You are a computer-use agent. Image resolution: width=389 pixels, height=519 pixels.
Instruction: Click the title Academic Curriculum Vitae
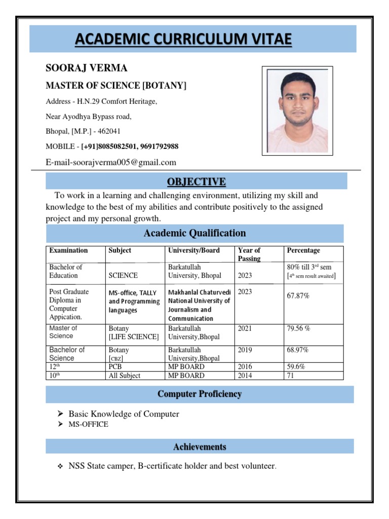[x=183, y=40]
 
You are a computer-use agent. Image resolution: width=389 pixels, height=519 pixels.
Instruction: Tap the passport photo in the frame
[x=297, y=110]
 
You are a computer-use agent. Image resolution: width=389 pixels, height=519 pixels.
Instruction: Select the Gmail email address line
[x=111, y=162]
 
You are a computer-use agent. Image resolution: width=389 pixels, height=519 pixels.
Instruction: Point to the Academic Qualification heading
[x=195, y=233]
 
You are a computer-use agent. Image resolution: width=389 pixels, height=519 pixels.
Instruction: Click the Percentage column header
[x=303, y=250]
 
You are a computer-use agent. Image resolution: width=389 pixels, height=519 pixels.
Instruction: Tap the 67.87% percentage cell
[x=298, y=296]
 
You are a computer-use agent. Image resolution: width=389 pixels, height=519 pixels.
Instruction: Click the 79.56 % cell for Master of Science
[x=298, y=328]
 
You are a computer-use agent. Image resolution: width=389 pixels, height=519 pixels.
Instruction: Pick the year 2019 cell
[x=245, y=350]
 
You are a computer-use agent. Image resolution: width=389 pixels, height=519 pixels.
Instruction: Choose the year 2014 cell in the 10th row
[x=245, y=376]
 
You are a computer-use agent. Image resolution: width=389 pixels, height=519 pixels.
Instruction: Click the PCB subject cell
[x=115, y=366]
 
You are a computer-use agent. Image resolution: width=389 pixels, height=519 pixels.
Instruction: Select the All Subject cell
[x=124, y=376]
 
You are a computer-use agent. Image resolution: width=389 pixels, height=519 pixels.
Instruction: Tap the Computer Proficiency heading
[x=200, y=394]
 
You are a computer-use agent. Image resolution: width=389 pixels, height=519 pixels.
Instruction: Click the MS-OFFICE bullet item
[x=88, y=424]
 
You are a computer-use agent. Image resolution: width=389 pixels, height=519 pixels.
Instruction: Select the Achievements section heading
[x=200, y=447]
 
